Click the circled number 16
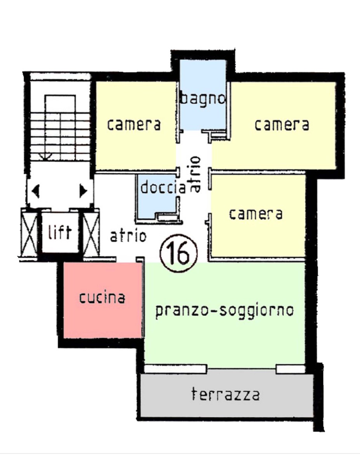[179, 254]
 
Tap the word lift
[59, 232]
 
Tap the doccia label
[163, 187]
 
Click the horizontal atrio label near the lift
[128, 236]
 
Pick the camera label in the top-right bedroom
[282, 125]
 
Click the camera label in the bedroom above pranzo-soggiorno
[256, 214]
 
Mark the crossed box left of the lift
[29, 232]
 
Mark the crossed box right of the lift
[91, 232]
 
